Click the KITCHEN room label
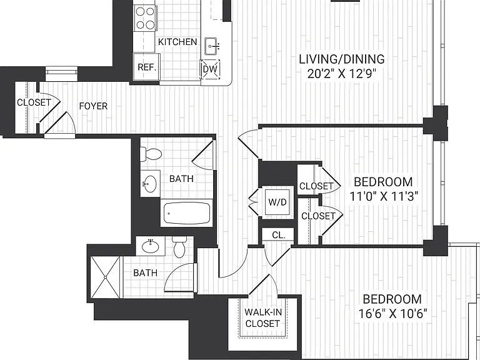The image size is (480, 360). click(x=177, y=42)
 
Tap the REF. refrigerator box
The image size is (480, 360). click(x=147, y=67)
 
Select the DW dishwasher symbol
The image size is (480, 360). click(x=210, y=69)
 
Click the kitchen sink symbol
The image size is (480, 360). click(x=211, y=46)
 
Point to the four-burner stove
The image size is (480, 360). click(x=145, y=18)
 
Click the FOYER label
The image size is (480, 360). click(x=93, y=106)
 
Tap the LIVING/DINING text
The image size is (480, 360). click(x=342, y=59)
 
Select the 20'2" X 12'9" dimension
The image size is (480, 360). click(x=341, y=74)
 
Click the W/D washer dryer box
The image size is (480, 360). click(x=277, y=202)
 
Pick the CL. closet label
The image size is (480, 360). click(x=279, y=235)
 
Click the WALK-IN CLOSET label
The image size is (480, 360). click(x=262, y=317)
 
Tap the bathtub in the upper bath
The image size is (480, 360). click(x=187, y=213)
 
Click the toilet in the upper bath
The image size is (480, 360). click(x=151, y=154)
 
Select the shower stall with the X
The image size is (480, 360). click(x=105, y=277)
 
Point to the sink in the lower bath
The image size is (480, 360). click(x=150, y=246)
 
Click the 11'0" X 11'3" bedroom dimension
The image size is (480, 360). click(x=384, y=196)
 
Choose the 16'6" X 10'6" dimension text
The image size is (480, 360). click(x=392, y=314)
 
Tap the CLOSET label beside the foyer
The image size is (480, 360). click(x=34, y=102)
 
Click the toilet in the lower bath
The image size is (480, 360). click(x=179, y=246)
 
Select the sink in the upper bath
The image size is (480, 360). click(x=150, y=184)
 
